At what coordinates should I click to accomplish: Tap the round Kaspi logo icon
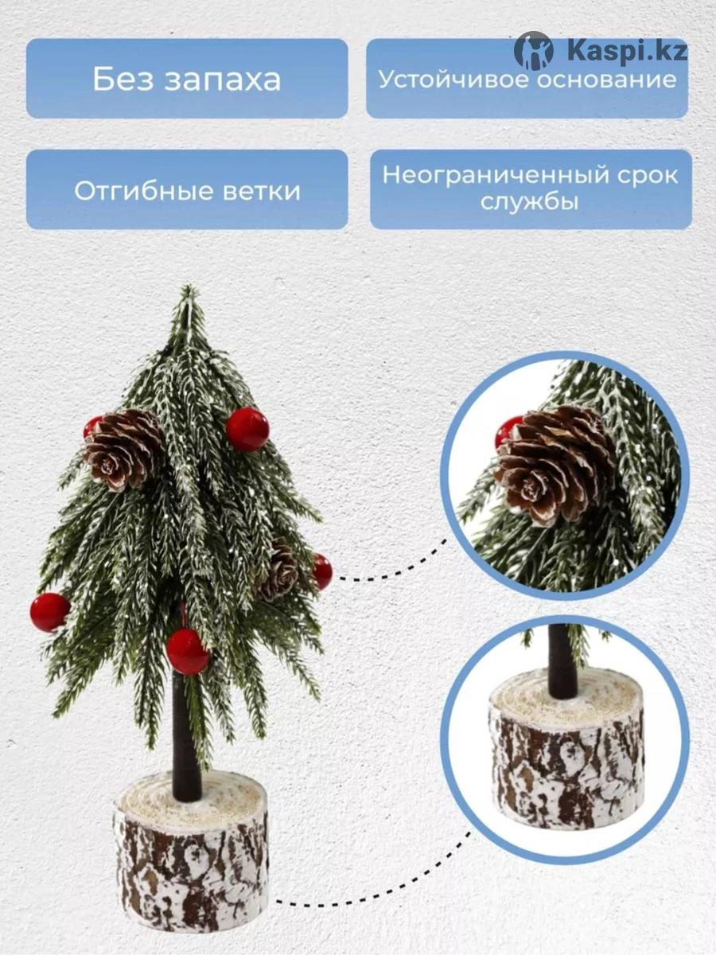coord(534,51)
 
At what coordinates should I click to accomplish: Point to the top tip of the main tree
coord(189,286)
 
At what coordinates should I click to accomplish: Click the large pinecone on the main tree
coord(124,449)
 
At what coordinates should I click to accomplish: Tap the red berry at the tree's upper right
coord(247,428)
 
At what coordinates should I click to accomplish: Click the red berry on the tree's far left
coord(49,612)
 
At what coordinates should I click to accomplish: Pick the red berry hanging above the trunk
coord(188,651)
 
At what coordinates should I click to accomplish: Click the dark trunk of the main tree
coord(186,735)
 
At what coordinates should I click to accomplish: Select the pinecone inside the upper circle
coord(555,466)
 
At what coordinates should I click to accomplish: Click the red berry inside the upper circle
coord(508,431)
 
